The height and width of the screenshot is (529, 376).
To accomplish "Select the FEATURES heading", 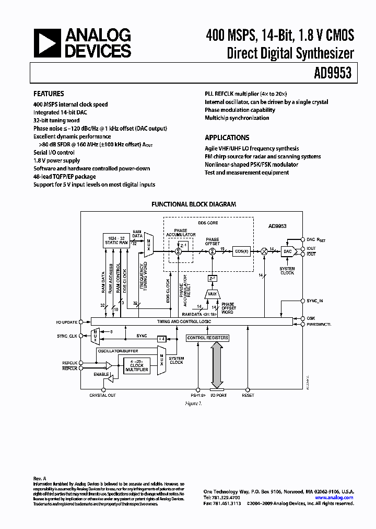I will pos(49,94).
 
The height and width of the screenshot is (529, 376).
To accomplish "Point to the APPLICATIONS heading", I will pos(227,138).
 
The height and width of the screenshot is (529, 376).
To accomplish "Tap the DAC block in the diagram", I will pos(287,251).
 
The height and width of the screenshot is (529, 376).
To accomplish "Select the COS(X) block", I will pos(240,251).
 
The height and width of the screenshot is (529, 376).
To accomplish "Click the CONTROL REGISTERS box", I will pos(207,338).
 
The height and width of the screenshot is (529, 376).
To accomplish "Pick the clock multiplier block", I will pos(137,366).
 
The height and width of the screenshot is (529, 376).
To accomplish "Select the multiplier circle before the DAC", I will pos(265,251).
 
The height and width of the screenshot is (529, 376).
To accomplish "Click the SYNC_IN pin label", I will pos(315,301).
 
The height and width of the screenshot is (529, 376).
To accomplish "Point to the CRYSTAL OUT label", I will pos(102,395).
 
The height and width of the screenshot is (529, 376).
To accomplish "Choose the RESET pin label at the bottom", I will pos(248,395).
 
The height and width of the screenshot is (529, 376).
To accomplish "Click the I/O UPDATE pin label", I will pos(66,322).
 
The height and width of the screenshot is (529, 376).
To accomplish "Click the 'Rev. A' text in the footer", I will pos(40,478).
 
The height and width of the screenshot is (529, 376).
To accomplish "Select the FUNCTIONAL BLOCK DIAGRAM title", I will pos(193,204).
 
